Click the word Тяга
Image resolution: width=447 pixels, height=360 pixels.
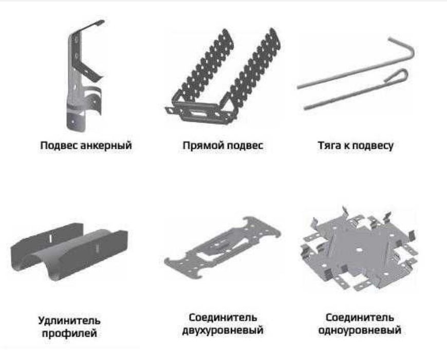[329, 146]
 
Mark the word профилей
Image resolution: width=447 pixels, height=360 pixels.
[69, 334]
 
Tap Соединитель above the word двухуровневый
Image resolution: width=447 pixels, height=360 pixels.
[222, 317]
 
